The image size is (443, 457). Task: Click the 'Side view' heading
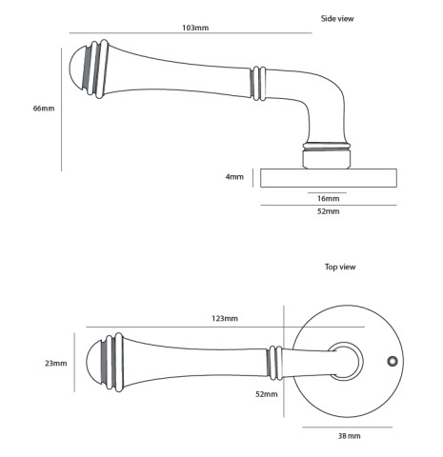(x=337, y=19)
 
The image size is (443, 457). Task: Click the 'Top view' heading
(x=340, y=267)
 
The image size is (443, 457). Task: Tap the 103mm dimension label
(x=195, y=28)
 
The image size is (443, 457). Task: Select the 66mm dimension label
(x=44, y=109)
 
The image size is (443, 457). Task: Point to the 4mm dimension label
(x=234, y=177)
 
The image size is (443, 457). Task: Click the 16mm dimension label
(x=329, y=199)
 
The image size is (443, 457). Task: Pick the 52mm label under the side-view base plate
(x=329, y=211)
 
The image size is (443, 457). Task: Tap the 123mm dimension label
(x=225, y=318)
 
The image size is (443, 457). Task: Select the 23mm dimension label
(x=56, y=364)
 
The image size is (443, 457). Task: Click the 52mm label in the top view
(x=267, y=394)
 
